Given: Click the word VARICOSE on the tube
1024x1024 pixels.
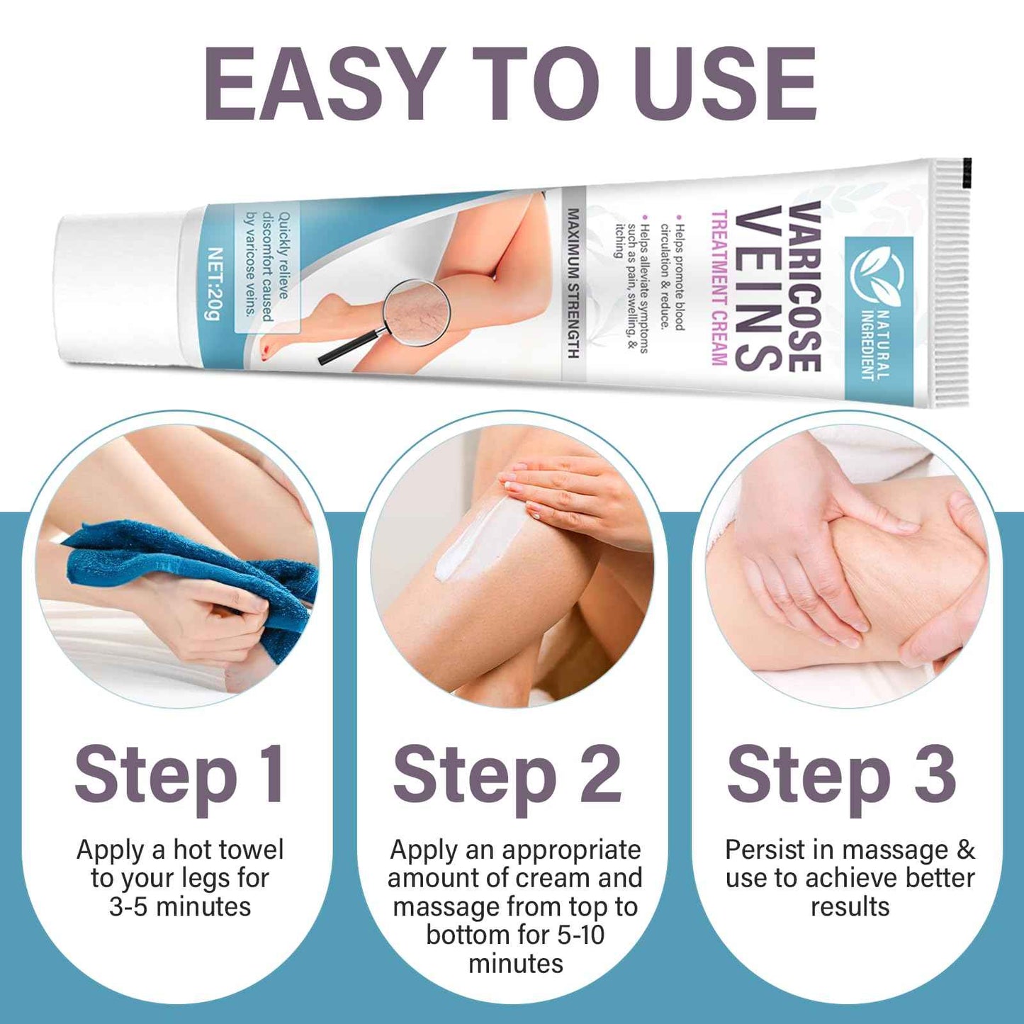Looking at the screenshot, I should coord(805,286).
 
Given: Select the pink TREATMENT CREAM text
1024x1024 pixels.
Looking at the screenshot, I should coord(718,288).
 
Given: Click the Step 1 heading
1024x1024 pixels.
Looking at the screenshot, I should coord(180,775).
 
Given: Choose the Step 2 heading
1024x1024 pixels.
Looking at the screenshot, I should coord(507,775).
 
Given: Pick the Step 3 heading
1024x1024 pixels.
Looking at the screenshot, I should coord(841,775).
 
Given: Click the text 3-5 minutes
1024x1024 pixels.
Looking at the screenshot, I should coord(180,907).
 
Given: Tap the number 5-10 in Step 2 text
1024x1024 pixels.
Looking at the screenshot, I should coord(581,935).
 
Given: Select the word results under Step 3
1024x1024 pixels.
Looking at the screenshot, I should coord(850,907).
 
